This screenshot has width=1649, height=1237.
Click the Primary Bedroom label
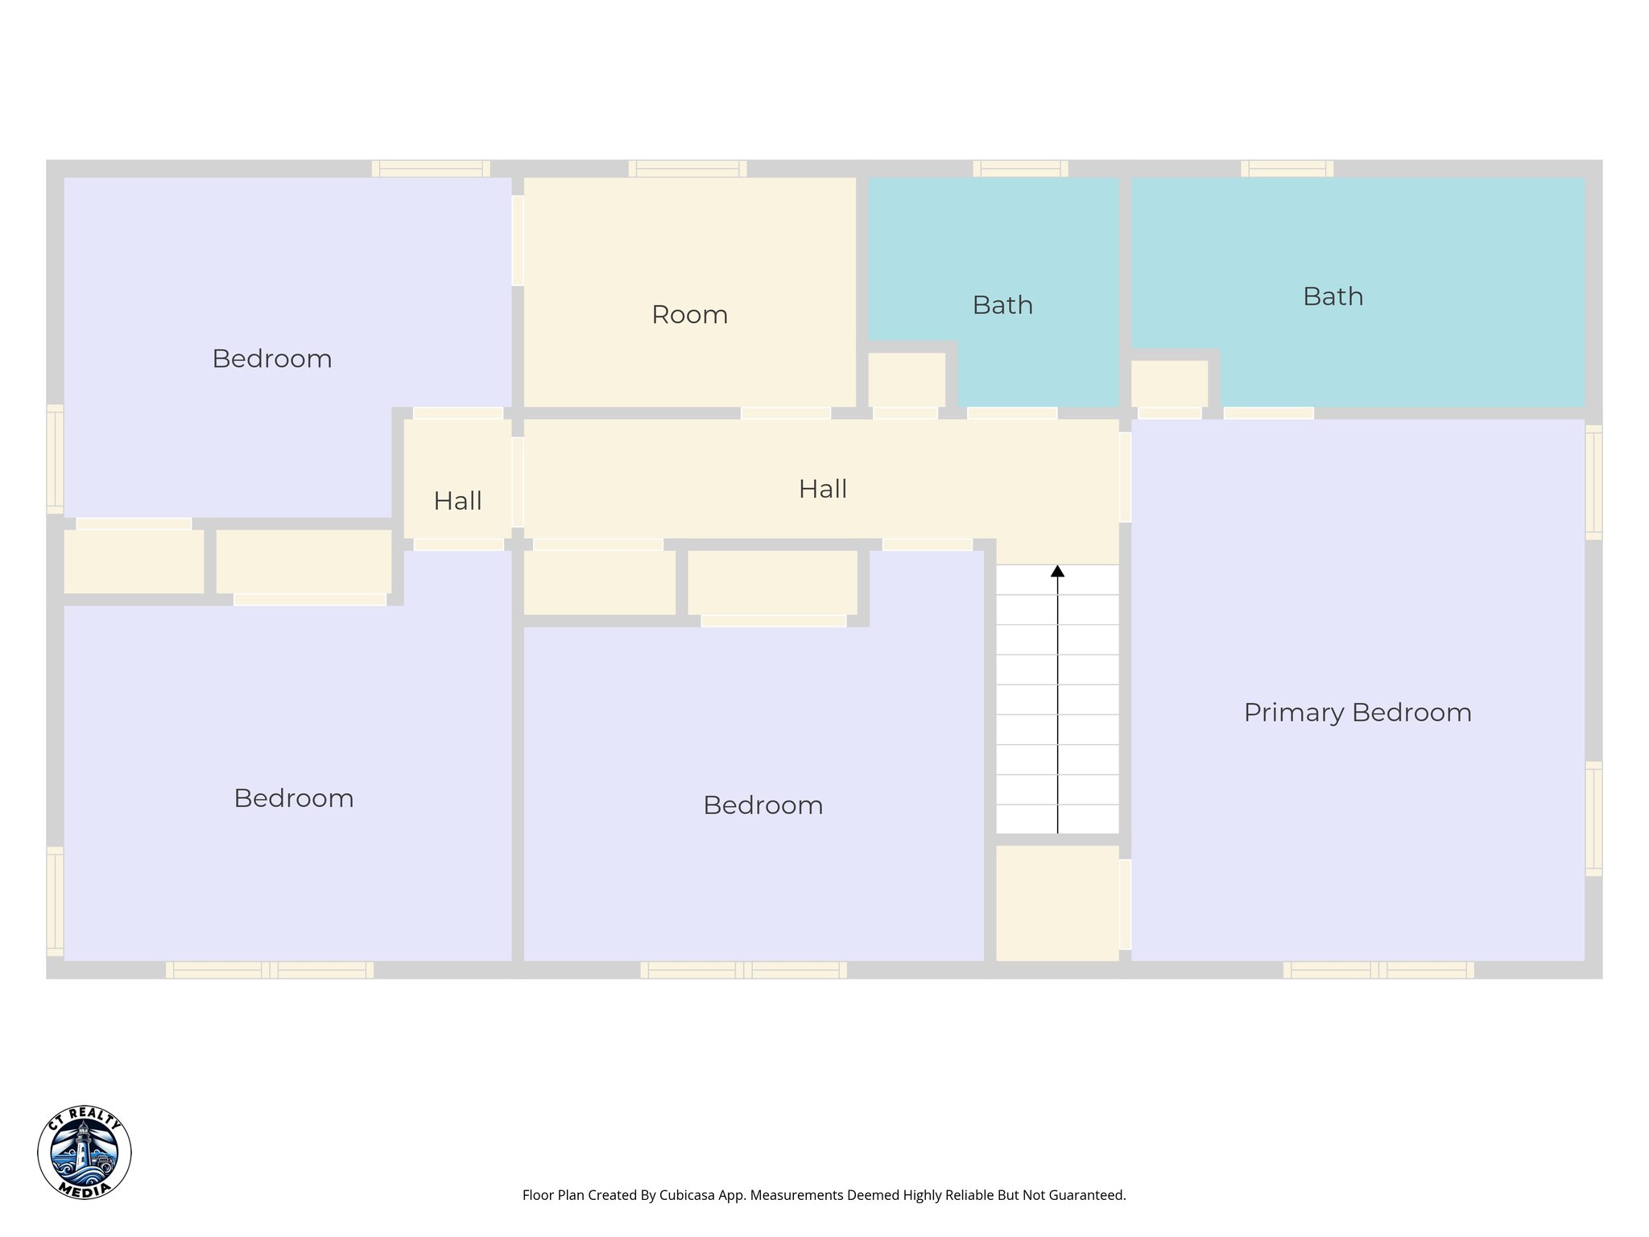[x=1358, y=713]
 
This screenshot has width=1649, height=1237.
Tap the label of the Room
[x=689, y=315]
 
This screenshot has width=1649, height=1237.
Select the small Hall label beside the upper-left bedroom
[x=457, y=501]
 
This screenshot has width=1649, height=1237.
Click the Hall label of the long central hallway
[x=822, y=489]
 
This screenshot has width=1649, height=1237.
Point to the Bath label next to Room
[x=1002, y=305]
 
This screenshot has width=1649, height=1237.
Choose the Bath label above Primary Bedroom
[x=1333, y=296]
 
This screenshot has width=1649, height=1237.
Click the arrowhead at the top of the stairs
[x=1057, y=571]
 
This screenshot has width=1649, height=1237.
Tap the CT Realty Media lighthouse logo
[x=85, y=1152]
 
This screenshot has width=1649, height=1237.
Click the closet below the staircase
[x=1056, y=902]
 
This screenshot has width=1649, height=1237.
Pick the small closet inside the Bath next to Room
[x=906, y=379]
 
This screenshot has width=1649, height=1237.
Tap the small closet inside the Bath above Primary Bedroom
[x=1169, y=383]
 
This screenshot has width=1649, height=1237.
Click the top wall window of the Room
[x=687, y=169]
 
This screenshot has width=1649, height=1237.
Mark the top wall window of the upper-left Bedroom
[x=431, y=169]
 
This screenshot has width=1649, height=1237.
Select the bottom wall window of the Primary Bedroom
[x=1378, y=970]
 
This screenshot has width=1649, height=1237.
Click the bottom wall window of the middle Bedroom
[x=743, y=970]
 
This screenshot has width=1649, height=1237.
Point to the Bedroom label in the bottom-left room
[x=294, y=798]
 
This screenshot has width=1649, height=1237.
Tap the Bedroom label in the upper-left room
[x=272, y=358]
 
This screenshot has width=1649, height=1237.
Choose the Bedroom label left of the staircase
[x=763, y=805]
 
